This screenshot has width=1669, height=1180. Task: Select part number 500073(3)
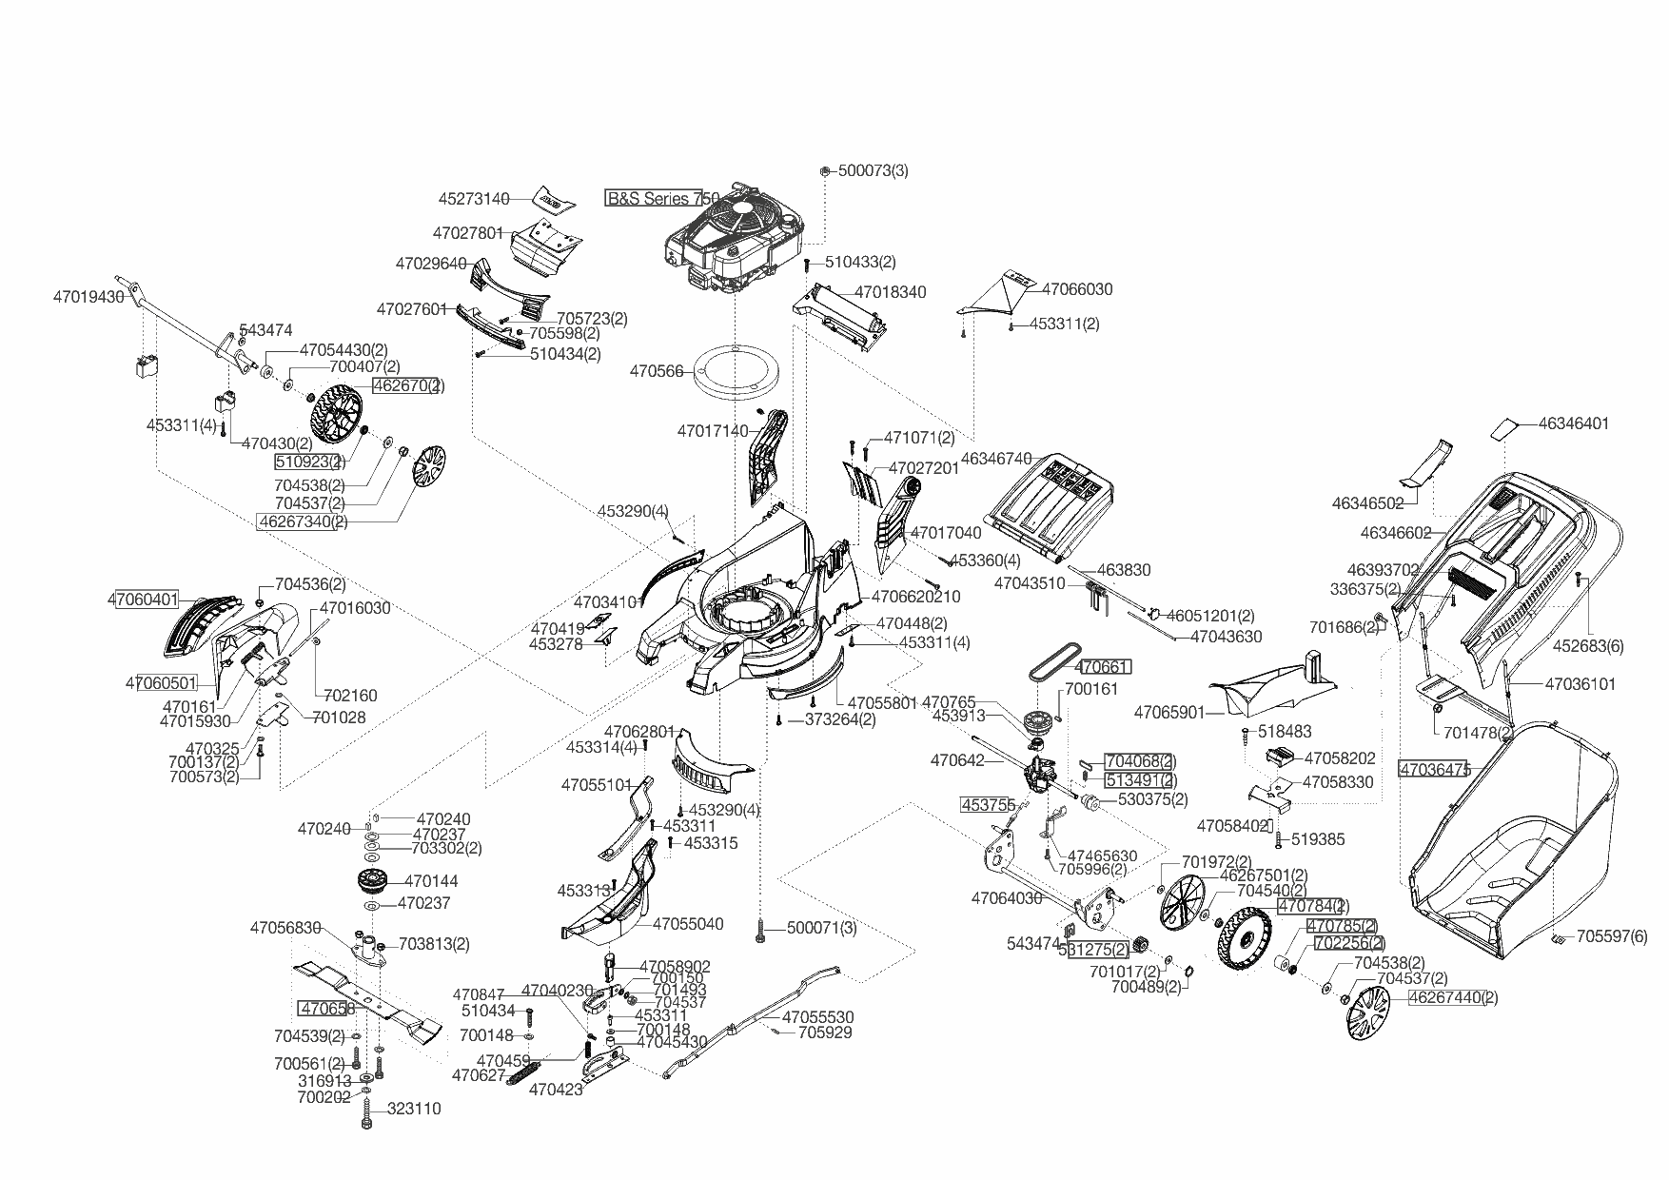tap(873, 171)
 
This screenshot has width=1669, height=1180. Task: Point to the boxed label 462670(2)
tap(407, 386)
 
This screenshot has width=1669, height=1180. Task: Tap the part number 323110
tap(414, 1110)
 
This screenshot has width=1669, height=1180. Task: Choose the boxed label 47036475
tap(1434, 769)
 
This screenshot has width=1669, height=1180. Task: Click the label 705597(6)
tap(1611, 937)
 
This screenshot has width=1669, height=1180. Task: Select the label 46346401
tap(1573, 423)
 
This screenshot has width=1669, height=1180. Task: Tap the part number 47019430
tap(88, 297)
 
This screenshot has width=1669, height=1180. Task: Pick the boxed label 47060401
tap(143, 600)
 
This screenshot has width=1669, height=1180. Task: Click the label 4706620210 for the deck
tap(915, 597)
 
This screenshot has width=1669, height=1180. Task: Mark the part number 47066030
tap(1077, 289)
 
